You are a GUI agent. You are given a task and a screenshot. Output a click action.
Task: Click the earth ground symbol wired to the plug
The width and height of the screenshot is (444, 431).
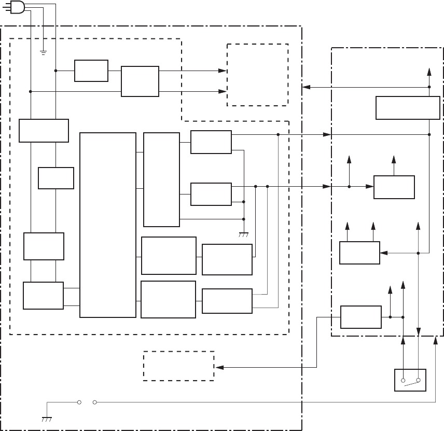pyautogui.click(x=44, y=51)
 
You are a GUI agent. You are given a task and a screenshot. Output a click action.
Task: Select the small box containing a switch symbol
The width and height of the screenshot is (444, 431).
pyautogui.click(x=410, y=380)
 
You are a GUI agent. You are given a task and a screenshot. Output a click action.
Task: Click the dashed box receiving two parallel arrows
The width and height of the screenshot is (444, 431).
pyautogui.click(x=257, y=75)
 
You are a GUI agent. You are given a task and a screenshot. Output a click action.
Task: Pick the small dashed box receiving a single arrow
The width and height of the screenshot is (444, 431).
pyautogui.click(x=178, y=366)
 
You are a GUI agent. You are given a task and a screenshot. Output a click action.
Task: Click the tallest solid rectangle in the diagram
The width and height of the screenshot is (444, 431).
pyautogui.click(x=108, y=225)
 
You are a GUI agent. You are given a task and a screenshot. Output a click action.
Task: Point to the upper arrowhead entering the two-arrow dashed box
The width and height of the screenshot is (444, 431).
pyautogui.click(x=224, y=71)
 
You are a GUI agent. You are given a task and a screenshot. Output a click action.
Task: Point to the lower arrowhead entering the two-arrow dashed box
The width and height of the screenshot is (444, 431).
pyautogui.click(x=224, y=91)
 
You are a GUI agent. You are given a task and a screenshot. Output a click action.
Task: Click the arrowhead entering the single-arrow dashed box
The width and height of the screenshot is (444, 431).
pyautogui.click(x=218, y=367)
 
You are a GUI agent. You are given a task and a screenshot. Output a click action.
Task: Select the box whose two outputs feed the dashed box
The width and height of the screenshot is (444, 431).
pyautogui.click(x=140, y=81)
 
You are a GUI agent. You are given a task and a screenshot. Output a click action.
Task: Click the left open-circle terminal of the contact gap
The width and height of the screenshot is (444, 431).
pyautogui.click(x=79, y=401)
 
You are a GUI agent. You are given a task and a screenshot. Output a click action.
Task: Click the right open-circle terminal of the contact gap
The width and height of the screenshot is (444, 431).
pyautogui.click(x=94, y=401)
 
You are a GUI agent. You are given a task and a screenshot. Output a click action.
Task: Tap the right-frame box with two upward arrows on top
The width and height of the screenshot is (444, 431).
pyautogui.click(x=359, y=253)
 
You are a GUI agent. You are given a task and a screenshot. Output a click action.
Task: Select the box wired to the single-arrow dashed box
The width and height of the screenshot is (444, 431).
pyautogui.click(x=361, y=317)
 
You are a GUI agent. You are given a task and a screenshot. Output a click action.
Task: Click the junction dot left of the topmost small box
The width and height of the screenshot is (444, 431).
pyautogui.click(x=55, y=71)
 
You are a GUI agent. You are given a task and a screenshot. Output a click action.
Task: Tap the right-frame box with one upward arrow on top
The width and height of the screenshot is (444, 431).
pyautogui.click(x=394, y=187)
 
